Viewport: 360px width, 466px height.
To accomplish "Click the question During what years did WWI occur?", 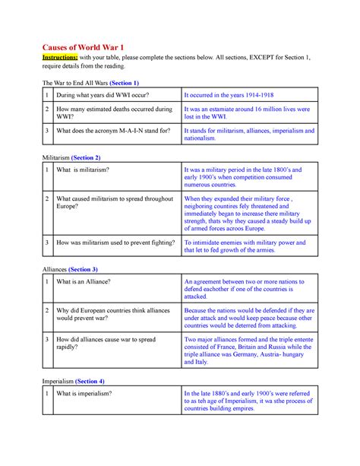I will [x=102, y=95].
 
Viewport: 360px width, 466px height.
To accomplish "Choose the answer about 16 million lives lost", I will [x=245, y=114].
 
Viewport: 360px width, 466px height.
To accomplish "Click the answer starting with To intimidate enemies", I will [x=245, y=247].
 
